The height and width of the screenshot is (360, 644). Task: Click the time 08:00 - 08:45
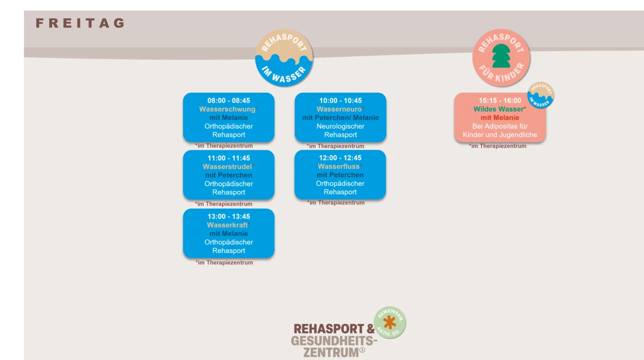point(228,101)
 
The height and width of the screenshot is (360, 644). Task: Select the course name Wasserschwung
point(227,109)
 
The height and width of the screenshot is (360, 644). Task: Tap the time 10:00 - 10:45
point(340,101)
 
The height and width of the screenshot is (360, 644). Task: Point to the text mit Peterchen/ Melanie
point(340,118)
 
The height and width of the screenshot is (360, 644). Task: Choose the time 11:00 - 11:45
point(228,158)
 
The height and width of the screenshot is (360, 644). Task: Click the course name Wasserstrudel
point(227,167)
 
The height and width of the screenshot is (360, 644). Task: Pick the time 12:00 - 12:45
point(340,158)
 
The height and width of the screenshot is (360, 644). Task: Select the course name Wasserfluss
point(339,167)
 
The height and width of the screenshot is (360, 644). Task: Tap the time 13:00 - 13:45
point(228,217)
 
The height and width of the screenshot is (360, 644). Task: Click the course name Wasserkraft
point(227,225)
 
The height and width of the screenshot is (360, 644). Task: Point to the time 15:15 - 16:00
point(500,101)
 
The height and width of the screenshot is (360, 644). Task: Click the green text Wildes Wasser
point(499,109)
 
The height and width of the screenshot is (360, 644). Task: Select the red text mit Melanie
point(500,118)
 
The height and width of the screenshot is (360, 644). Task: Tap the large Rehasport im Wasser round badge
point(284,57)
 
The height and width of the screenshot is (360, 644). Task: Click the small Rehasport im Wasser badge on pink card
point(541,95)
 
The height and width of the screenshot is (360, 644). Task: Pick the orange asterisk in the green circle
point(389,322)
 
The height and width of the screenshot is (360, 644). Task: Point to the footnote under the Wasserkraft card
point(224,262)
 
